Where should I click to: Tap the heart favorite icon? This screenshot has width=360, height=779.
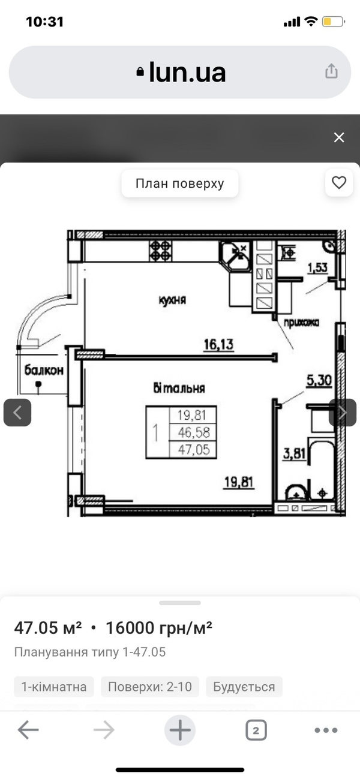(x=339, y=182)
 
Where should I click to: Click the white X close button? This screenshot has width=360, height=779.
(x=339, y=137)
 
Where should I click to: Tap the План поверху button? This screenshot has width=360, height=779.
(x=180, y=184)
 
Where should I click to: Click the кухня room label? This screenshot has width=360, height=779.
(x=173, y=300)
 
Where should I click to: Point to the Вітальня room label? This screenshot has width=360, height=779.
(x=179, y=388)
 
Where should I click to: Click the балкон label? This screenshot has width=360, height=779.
(x=44, y=370)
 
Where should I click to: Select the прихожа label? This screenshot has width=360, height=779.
(x=301, y=323)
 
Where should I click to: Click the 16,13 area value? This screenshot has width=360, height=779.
(x=218, y=345)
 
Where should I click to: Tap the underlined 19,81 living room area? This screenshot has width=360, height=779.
(x=239, y=482)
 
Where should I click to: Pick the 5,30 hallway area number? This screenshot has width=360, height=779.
(x=319, y=380)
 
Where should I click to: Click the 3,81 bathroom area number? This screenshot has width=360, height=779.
(x=294, y=454)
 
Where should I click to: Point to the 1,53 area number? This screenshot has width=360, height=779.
(x=317, y=268)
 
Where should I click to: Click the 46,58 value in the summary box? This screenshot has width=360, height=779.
(x=194, y=432)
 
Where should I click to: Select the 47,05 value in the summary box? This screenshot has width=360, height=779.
(x=194, y=450)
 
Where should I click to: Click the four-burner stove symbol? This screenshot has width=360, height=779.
(x=160, y=251)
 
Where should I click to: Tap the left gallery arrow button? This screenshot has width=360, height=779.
(x=17, y=413)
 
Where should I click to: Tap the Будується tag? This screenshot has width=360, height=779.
(x=244, y=687)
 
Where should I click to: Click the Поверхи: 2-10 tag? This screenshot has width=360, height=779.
(x=150, y=687)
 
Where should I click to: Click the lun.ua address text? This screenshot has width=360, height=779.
(x=187, y=73)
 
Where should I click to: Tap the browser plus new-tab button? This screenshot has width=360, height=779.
(x=180, y=730)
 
